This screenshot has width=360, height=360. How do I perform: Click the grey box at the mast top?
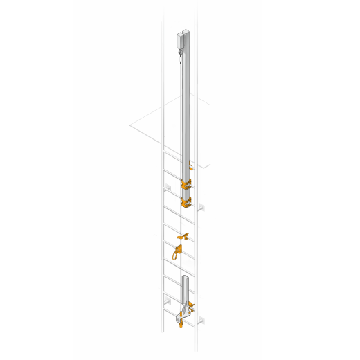point(183,39)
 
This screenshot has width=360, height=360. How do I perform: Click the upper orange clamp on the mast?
point(187,185)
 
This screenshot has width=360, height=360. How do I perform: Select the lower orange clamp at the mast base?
point(187,204)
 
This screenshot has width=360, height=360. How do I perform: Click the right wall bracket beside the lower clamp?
point(201,206)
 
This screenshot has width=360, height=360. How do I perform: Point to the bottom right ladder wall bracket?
point(201,319)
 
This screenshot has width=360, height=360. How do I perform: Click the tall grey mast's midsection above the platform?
point(186,104)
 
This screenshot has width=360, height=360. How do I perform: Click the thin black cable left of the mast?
point(178,138)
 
